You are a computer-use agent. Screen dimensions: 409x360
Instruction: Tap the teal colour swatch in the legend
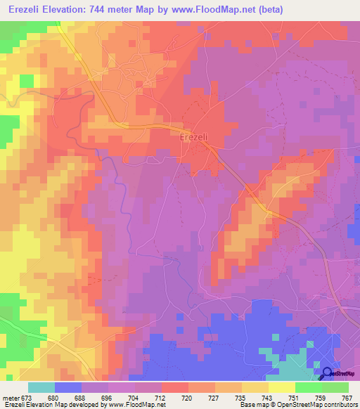pyautogui.click(x=41, y=387)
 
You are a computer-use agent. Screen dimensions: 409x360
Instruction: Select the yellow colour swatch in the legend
pyautogui.click(x=281, y=387)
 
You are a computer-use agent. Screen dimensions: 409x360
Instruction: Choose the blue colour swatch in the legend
pyautogui.click(x=67, y=387)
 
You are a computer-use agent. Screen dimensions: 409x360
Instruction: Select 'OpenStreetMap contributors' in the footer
pyautogui.click(x=320, y=405)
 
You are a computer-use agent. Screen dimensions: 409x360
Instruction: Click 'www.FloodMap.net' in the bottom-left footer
pyautogui.click(x=134, y=405)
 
